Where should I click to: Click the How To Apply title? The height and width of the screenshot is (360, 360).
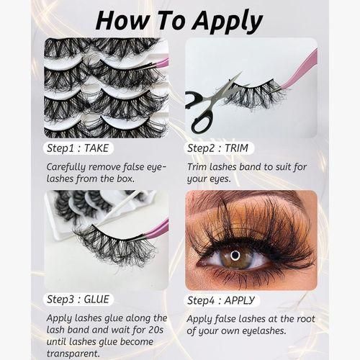(179, 20)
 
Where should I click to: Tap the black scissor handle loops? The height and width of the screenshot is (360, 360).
(198, 112)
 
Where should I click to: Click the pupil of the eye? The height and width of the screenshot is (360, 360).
(235, 255)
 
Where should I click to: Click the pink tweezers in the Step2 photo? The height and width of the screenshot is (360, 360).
(301, 68)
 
